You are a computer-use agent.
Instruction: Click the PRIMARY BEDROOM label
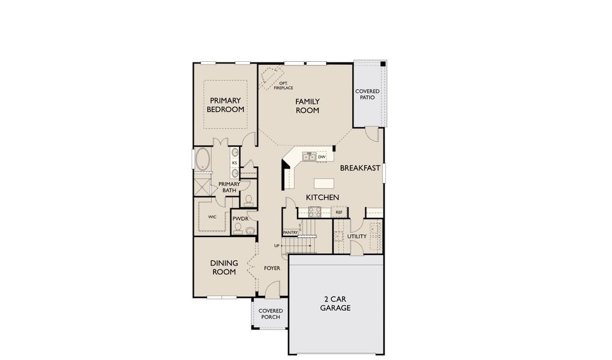tap(225, 105)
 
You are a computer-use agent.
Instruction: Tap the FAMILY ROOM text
tap(307, 106)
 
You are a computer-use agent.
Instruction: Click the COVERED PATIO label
tap(367, 94)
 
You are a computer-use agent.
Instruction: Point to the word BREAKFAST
tap(360, 168)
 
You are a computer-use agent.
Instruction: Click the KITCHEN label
tap(322, 197)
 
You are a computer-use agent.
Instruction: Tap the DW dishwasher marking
tap(322, 157)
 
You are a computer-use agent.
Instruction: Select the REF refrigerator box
tap(339, 212)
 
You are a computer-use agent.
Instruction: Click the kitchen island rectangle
tap(324, 183)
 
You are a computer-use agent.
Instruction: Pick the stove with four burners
tap(314, 211)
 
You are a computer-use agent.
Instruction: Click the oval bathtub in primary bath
tap(203, 160)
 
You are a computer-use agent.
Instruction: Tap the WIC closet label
tap(212, 217)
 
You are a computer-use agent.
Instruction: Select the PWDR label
tap(240, 218)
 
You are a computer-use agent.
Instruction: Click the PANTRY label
tap(290, 232)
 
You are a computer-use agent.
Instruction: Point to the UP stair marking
tap(277, 246)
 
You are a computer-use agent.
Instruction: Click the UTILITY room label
tap(357, 236)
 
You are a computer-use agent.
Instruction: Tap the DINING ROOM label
tap(224, 268)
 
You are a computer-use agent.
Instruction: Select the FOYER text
tap(272, 268)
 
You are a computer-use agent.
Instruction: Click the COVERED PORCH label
tap(271, 314)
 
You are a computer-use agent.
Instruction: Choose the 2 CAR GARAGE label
tap(335, 304)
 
